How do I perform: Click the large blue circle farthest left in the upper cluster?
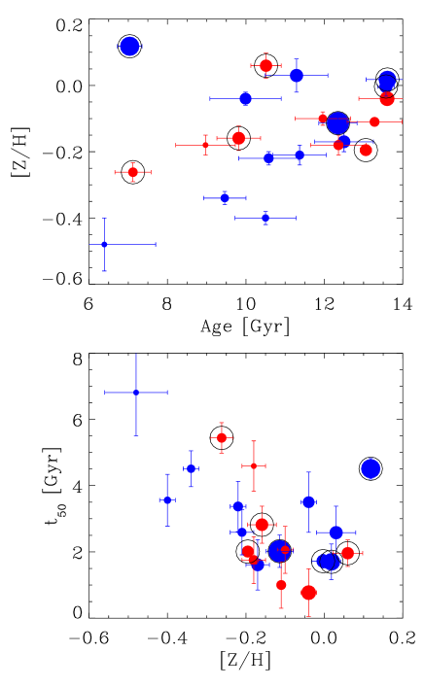(x=129, y=47)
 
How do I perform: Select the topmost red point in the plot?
(x=265, y=65)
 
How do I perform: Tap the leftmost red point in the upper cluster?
(x=133, y=172)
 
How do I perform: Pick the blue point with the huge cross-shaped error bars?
(x=136, y=393)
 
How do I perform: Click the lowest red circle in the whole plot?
(x=308, y=592)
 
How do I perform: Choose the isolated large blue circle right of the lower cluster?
(x=371, y=468)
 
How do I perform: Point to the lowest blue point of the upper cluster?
(x=104, y=244)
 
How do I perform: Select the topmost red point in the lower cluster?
(x=222, y=437)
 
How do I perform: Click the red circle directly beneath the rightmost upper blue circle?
(x=387, y=98)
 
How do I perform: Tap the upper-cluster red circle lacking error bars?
(x=366, y=150)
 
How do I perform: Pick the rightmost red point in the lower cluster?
(x=347, y=553)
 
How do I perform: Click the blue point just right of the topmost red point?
(x=297, y=75)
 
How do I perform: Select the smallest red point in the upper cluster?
(x=205, y=145)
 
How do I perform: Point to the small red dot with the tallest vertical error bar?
(x=254, y=465)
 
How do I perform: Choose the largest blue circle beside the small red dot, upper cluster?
(x=337, y=122)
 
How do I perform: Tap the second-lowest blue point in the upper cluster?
(x=265, y=218)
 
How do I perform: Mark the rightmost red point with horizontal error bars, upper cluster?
(x=374, y=121)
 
